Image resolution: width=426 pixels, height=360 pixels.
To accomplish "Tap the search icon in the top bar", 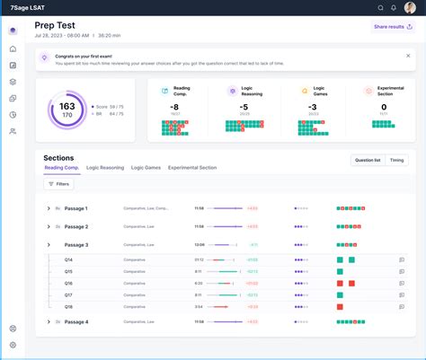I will coord(380,7).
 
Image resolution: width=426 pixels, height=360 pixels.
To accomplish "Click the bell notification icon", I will coord(394,7).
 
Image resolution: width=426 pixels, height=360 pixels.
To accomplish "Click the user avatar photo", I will coord(410,7).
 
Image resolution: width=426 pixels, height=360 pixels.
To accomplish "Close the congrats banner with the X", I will coord(407,56).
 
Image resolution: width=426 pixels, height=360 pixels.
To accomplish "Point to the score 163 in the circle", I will coord(67,106).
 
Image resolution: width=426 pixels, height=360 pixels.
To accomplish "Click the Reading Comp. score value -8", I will coord(175,107).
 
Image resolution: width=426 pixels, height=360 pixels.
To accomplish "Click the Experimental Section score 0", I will coord(384,107).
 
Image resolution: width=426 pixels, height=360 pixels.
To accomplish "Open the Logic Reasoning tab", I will coord(105,167).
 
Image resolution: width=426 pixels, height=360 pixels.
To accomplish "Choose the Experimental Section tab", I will coord(191,167).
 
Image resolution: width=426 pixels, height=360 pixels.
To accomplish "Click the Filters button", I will coord(58,184).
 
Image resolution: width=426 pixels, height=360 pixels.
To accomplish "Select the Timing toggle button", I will coord(396,160).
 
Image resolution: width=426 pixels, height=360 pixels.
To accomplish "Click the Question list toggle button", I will coord(367,160).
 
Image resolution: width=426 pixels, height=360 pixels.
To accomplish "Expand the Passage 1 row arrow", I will coord(49,208).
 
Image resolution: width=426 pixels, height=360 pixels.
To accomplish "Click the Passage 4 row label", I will coord(76,320).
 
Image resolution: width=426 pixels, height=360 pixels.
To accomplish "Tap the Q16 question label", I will coord(68,282).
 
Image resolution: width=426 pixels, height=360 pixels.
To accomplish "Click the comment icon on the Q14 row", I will coord(402,259).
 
